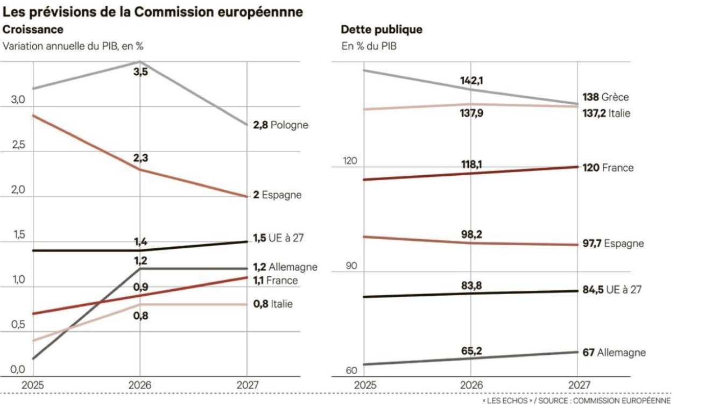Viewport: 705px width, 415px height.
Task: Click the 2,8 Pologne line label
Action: [280, 125]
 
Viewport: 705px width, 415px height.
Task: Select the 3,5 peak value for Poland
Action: [140, 71]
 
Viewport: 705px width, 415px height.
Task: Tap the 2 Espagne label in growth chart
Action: [277, 195]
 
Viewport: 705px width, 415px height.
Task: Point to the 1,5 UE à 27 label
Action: [284, 238]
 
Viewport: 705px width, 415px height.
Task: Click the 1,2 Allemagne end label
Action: [285, 267]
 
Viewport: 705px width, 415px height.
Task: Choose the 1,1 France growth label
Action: [275, 280]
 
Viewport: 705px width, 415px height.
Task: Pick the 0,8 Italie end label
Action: [273, 304]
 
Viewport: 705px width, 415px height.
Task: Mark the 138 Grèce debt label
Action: [605, 97]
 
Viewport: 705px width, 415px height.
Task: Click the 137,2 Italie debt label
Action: [607, 113]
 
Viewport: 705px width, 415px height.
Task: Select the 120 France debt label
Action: [608, 168]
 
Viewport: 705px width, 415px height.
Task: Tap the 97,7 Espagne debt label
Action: [613, 244]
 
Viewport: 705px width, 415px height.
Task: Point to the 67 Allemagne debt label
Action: [614, 353]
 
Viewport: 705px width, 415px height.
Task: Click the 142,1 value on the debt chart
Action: [471, 81]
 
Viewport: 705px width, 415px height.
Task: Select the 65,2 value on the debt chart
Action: [471, 351]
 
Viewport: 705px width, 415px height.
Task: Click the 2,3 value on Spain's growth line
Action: [140, 158]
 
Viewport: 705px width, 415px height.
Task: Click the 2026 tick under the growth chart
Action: [140, 385]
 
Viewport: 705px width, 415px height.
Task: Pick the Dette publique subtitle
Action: [382, 30]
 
